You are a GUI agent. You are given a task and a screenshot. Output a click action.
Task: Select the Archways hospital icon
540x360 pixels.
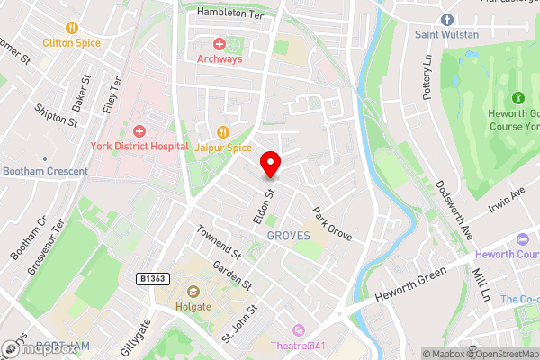[218, 43]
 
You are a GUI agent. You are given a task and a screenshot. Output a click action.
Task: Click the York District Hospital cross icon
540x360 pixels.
[139, 131]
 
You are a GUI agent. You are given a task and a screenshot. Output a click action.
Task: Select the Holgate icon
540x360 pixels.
[193, 291]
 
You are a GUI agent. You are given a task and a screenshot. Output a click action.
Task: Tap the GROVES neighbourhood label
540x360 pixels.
[288, 236]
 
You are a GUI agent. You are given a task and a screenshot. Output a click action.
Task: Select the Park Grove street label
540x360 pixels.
[331, 224]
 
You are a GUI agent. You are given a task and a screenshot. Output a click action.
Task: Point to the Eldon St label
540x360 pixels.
[262, 207]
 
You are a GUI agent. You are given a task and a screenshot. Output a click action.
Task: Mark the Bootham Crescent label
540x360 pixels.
[45, 171]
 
